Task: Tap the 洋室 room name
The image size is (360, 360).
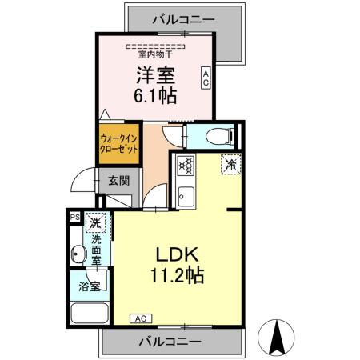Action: (x=155, y=76)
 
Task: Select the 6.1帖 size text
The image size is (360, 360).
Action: (x=155, y=94)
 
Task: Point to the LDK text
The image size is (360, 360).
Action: (x=177, y=254)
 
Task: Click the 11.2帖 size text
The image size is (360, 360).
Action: (x=177, y=276)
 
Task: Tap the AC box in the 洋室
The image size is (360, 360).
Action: (x=206, y=78)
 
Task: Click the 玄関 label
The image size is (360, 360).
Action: (x=118, y=181)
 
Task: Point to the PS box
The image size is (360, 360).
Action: (x=74, y=217)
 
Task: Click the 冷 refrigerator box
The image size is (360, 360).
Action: (x=230, y=165)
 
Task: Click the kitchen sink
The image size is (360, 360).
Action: (x=185, y=194)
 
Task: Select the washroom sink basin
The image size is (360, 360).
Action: (x=78, y=255)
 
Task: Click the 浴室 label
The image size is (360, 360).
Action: (x=89, y=286)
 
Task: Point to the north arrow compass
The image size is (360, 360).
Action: (x=278, y=336)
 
